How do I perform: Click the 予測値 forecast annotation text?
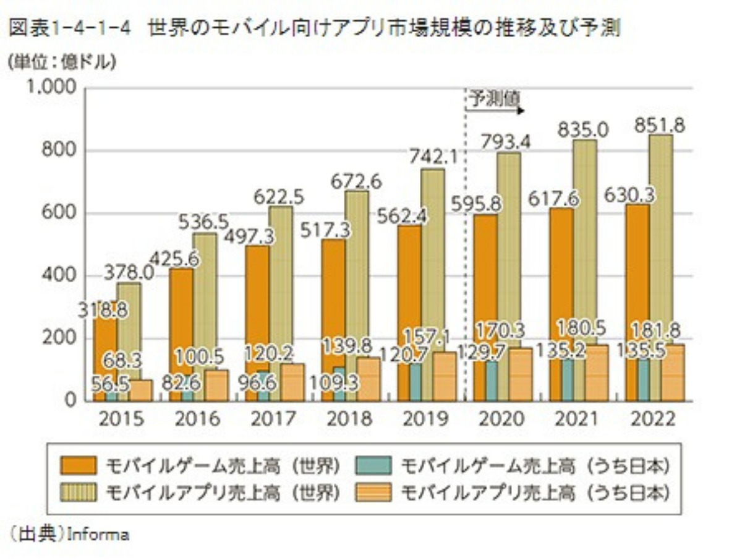tap(493, 100)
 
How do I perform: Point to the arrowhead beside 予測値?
tap(522, 111)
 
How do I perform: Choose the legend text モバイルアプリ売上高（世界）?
tap(223, 493)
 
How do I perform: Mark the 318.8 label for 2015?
tap(103, 309)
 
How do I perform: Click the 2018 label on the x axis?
tap(350, 419)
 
